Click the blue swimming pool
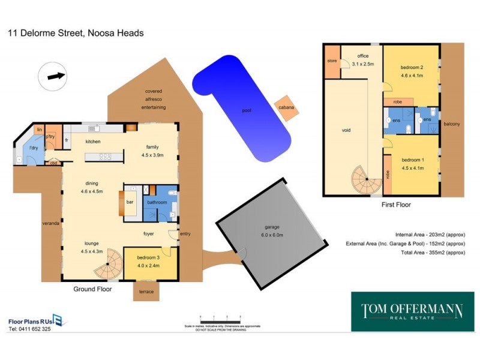tap(240, 108)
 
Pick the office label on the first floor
tap(363, 56)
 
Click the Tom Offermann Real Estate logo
tap(412, 311)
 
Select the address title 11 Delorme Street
tap(76, 33)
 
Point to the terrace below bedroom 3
tap(146, 291)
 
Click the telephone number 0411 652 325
tap(29, 329)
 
